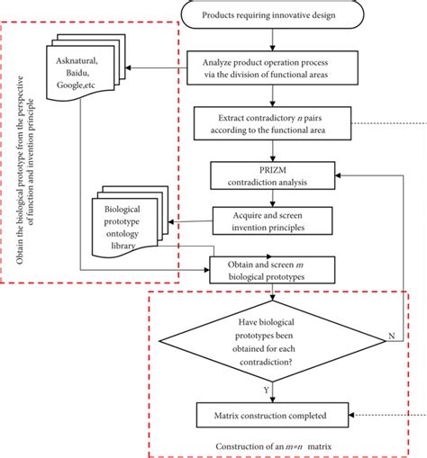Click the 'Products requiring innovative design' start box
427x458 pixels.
tap(272, 14)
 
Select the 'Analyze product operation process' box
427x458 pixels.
tap(272, 67)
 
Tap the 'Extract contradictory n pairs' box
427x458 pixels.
tap(272, 123)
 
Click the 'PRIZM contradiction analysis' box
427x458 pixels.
tap(272, 175)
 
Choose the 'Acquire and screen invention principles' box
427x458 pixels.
tap(272, 220)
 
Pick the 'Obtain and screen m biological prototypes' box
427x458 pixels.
tap(272, 270)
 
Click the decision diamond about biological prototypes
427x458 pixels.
tap(272, 341)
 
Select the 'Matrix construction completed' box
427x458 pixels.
tap(272, 415)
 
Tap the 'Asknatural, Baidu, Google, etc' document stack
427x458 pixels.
tap(86, 67)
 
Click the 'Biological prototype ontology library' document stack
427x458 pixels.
tap(130, 222)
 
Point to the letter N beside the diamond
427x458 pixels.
tap(392, 336)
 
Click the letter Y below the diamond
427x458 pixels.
tap(266, 390)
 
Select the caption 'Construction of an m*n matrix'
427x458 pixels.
tap(273, 446)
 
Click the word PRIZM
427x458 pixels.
tap(273, 170)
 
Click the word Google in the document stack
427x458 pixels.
tap(68, 85)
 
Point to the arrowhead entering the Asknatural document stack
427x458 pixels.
tap(128, 67)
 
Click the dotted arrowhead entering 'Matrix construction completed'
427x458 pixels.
tap(351, 415)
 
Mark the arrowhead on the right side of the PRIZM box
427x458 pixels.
tap(338, 175)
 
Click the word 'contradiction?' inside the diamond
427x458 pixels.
tap(266, 362)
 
